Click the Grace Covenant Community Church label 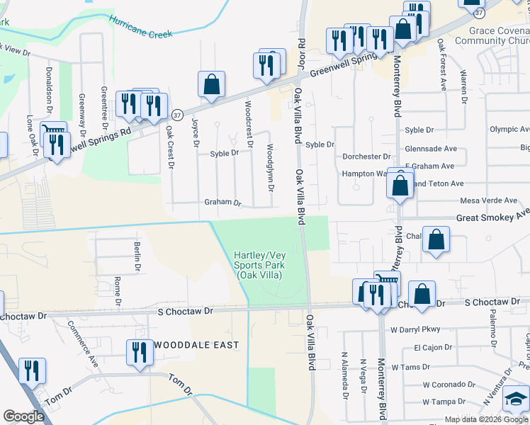pos(499,35)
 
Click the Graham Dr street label pos(223,202)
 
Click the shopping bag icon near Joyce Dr pos(212,85)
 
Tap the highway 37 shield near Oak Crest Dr pos(177,114)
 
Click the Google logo pos(23,416)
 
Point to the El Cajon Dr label pos(432,348)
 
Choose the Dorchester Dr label pos(367,157)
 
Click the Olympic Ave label pos(509,130)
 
